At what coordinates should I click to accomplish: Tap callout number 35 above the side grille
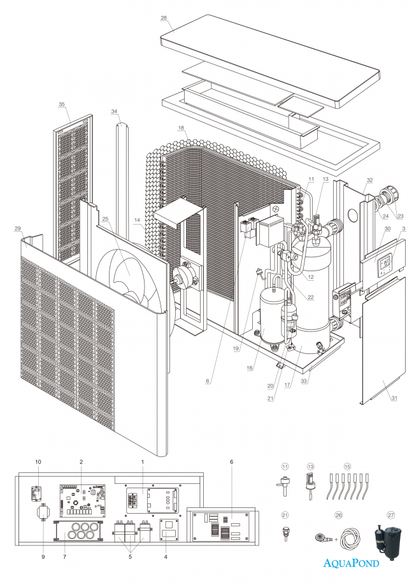(62, 104)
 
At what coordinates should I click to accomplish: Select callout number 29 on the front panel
(17, 228)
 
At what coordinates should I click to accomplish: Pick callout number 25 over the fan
(105, 220)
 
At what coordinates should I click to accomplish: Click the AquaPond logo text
(351, 563)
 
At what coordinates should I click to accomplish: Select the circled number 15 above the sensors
(347, 466)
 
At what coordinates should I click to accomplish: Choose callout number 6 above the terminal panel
(232, 461)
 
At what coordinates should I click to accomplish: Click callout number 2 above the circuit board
(82, 461)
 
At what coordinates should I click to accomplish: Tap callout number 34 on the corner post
(115, 111)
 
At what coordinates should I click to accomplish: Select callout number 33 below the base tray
(304, 381)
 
